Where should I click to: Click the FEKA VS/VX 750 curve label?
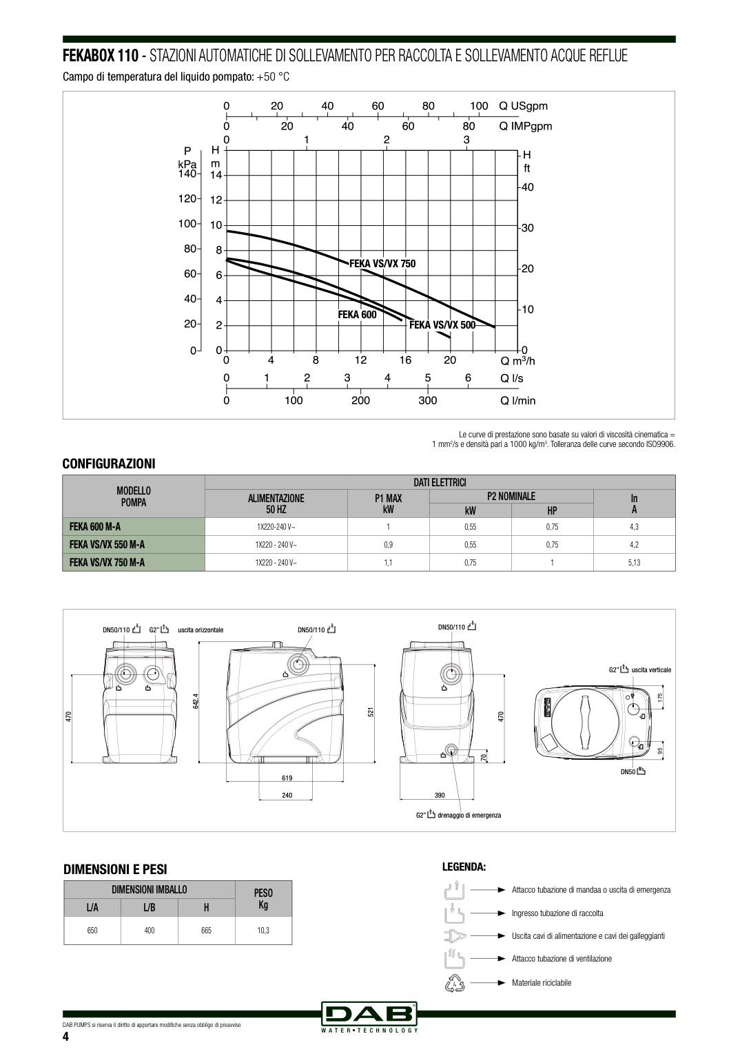tap(382, 264)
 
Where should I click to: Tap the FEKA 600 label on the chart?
tap(357, 315)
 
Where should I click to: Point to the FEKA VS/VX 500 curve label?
tap(442, 325)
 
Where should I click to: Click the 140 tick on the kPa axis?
tap(187, 174)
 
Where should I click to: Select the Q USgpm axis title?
tap(523, 106)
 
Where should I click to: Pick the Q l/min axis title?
tap(518, 400)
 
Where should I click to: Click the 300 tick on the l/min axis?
tap(428, 400)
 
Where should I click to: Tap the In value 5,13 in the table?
tap(634, 563)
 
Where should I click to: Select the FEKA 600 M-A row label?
tap(95, 526)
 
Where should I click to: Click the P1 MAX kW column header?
tap(389, 504)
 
